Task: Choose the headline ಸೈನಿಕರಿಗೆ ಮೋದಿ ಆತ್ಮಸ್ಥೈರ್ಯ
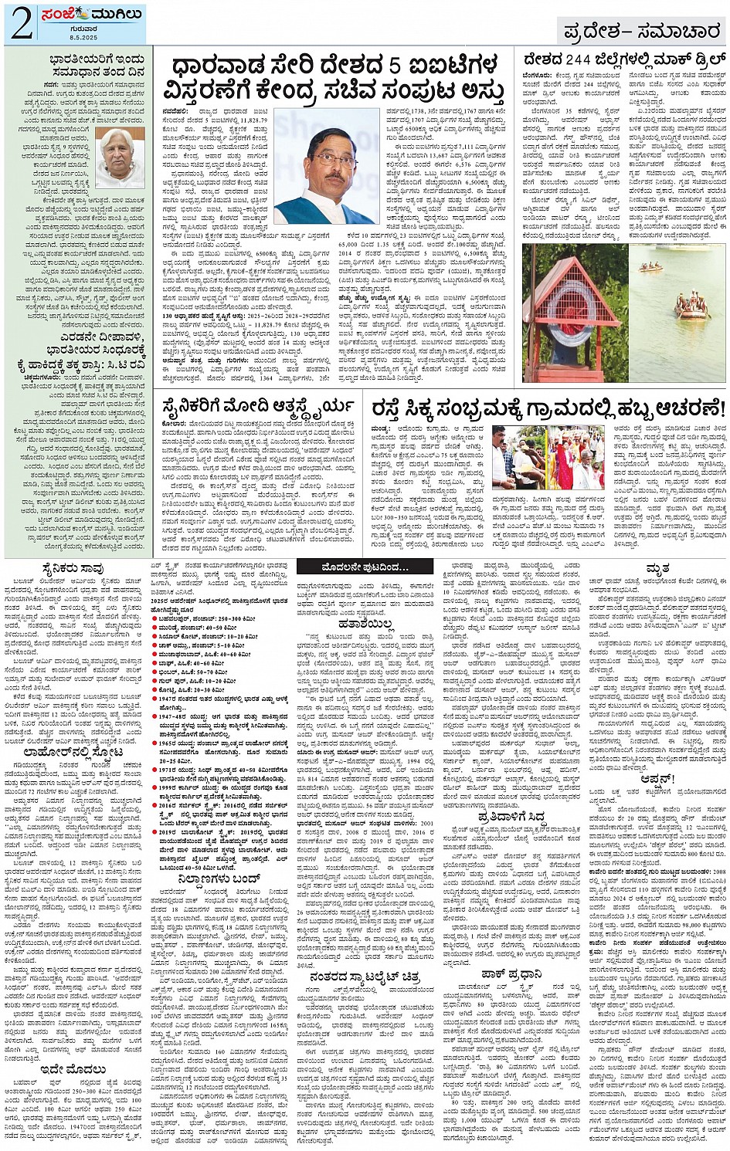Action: point(257,405)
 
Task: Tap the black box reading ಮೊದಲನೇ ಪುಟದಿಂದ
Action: point(365,567)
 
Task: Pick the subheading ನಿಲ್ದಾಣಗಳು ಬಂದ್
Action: point(218,878)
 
